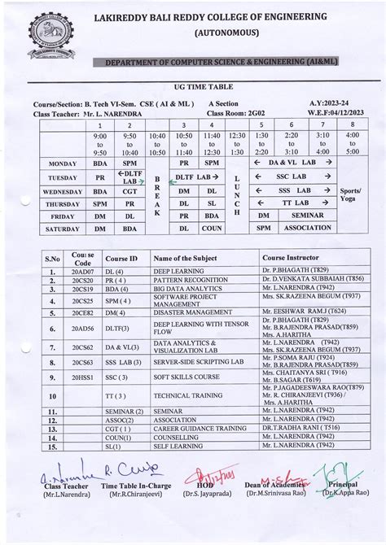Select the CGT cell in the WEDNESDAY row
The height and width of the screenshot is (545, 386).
[x=129, y=191]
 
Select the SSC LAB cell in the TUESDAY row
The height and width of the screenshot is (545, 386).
[x=293, y=177]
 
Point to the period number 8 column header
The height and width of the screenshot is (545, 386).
[x=351, y=124]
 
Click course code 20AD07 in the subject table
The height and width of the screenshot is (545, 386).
[x=82, y=269]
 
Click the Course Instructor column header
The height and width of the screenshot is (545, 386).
[x=287, y=257]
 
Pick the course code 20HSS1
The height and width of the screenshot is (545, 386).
[x=82, y=377]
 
